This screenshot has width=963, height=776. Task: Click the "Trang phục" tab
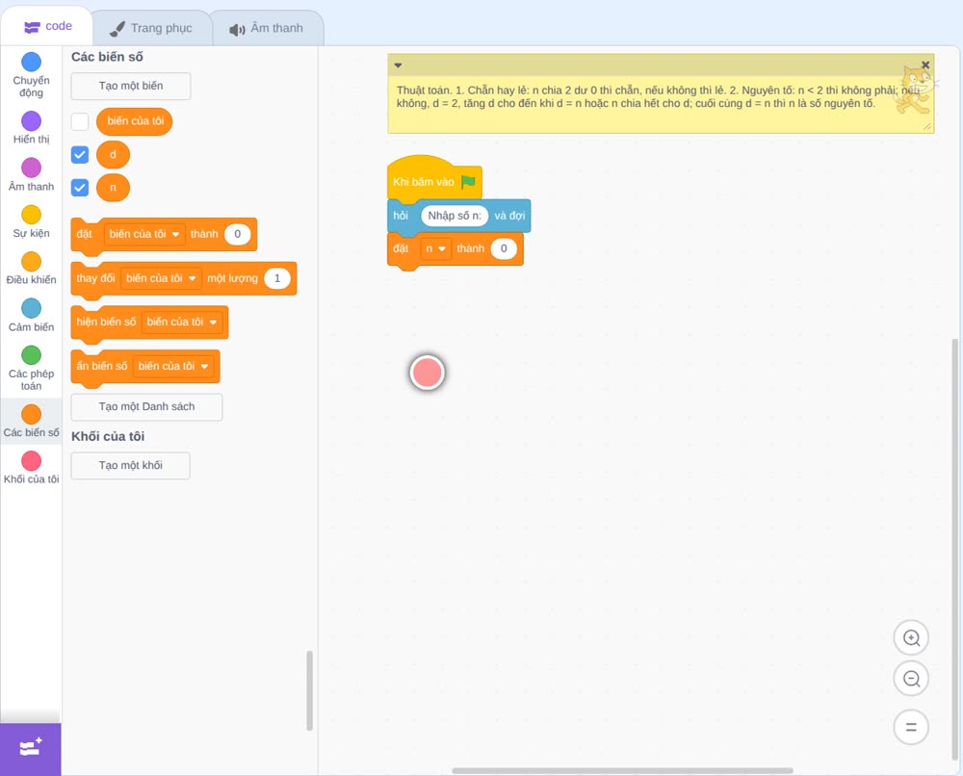click(151, 28)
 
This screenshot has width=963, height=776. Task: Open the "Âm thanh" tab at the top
click(267, 28)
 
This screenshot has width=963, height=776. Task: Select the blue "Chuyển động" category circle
click(32, 62)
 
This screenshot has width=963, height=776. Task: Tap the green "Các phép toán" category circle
click(32, 355)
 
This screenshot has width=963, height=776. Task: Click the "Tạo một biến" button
click(131, 86)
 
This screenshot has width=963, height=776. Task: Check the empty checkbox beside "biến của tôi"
click(80, 121)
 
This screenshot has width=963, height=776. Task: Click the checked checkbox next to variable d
click(80, 155)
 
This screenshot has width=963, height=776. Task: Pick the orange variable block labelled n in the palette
click(113, 188)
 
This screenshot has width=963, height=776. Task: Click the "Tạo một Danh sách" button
click(146, 407)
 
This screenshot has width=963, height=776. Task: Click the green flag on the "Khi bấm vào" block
click(469, 181)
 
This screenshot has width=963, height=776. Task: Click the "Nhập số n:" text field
click(455, 216)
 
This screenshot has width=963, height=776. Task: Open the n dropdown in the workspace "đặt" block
click(435, 248)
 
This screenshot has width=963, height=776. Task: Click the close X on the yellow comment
click(925, 65)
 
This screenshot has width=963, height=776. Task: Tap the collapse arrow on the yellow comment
click(398, 65)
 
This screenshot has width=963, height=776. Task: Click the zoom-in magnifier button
click(911, 638)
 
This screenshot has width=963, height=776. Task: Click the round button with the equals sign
click(911, 727)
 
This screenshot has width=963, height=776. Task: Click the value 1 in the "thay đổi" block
click(277, 278)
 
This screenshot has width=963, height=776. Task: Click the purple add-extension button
click(31, 749)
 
